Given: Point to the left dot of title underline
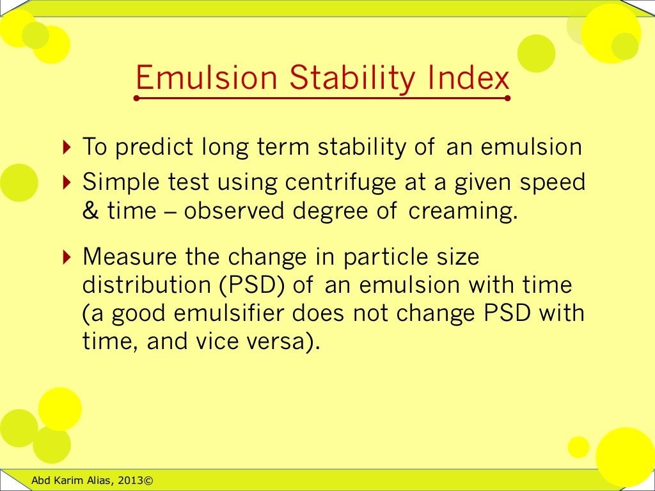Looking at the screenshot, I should point(136,98).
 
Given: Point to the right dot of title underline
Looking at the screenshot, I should point(507,98).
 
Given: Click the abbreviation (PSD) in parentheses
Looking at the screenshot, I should point(253,285).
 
